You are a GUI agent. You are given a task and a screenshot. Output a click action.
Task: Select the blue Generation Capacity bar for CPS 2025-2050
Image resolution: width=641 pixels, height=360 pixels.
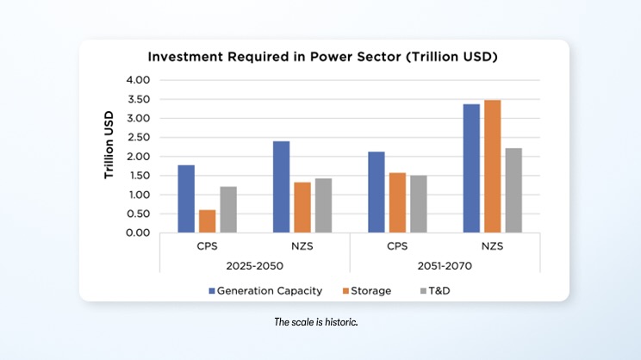point(186,199)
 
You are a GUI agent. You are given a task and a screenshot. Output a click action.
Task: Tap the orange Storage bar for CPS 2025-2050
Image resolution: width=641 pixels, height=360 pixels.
point(208,221)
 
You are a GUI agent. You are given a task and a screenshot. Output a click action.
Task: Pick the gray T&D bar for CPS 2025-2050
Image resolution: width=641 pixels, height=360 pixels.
point(228,209)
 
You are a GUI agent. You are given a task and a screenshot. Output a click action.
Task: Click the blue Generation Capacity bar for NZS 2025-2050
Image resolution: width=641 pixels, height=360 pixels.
point(281,187)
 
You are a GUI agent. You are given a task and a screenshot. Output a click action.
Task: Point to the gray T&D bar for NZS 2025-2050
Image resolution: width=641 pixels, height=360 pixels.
point(323,206)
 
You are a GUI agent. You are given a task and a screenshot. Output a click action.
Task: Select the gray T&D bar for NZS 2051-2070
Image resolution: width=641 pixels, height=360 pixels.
point(513,190)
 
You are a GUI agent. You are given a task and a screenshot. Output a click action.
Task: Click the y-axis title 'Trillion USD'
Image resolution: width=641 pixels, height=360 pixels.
point(109,145)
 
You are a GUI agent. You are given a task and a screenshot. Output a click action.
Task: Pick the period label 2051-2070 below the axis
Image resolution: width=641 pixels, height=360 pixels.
point(445,266)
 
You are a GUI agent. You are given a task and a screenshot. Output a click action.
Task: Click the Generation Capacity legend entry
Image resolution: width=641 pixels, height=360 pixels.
point(266,290)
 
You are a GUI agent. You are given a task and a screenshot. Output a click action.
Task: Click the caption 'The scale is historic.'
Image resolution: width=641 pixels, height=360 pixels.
point(321,321)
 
